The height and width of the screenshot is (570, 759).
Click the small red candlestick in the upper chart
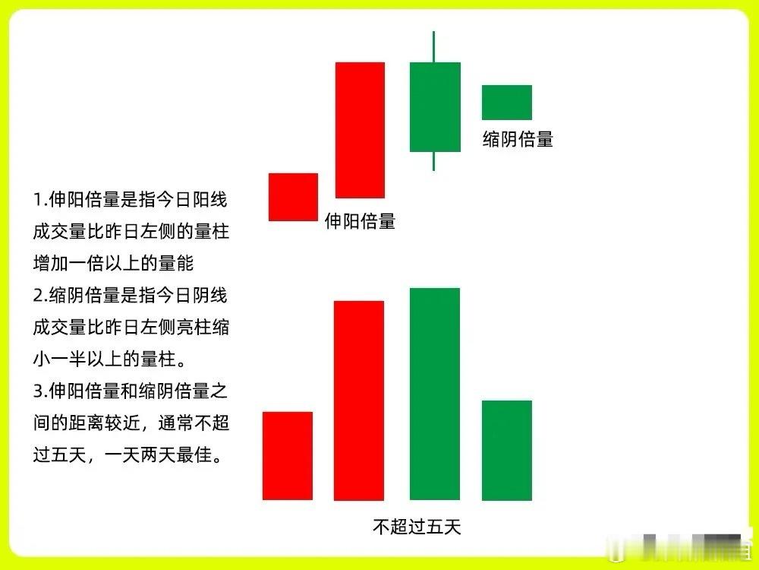click(x=293, y=197)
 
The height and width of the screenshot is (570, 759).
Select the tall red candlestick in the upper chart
click(x=360, y=130)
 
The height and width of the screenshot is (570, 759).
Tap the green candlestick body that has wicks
click(x=435, y=106)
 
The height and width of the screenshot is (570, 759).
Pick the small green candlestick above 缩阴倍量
click(x=507, y=103)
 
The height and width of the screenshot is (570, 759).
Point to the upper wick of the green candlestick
click(x=434, y=46)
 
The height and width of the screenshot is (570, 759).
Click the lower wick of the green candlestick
click(x=434, y=160)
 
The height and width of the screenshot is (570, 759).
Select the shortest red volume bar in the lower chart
click(x=288, y=455)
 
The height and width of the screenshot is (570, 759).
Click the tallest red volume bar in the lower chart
click(x=359, y=401)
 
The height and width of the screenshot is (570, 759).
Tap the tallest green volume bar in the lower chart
click(x=435, y=394)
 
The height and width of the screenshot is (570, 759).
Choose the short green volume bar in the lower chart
click(x=507, y=450)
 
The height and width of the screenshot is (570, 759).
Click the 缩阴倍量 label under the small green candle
click(x=518, y=139)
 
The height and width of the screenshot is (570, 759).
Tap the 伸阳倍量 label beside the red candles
click(x=360, y=221)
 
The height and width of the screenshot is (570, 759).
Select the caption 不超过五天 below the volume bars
click(x=417, y=526)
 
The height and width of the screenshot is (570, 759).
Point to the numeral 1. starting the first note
click(x=40, y=201)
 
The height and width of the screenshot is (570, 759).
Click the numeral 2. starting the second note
click(x=40, y=295)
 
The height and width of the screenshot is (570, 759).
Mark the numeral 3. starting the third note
click(x=40, y=392)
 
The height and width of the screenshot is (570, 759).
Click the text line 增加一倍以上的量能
click(x=114, y=264)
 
